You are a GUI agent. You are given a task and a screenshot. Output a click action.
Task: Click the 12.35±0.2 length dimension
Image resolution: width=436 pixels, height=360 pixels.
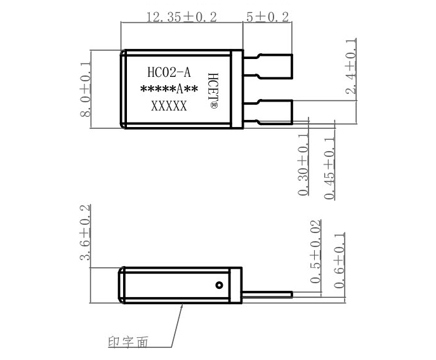point(181,17)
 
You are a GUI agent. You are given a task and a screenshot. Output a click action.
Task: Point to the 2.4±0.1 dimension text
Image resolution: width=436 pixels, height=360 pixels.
point(351,67)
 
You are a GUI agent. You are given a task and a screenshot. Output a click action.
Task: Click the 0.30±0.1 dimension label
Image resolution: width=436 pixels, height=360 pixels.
point(303,164)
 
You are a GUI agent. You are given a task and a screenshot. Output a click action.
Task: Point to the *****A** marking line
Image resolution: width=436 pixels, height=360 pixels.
point(169,90)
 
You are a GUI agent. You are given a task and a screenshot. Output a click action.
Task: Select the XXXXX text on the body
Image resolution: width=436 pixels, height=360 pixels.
point(169,107)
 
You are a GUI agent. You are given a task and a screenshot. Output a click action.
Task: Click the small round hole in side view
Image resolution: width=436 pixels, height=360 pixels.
point(220,285)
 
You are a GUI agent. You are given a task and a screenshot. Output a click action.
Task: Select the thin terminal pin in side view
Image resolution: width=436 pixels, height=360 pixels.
point(267,294)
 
